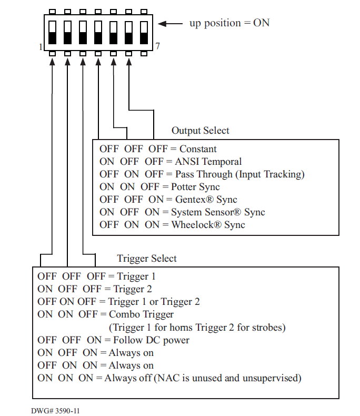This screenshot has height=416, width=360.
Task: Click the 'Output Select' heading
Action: (x=200, y=131)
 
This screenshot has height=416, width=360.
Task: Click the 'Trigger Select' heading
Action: (x=146, y=259)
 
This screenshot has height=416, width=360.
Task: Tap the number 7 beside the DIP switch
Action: (x=157, y=46)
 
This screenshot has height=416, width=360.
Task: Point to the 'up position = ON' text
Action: (x=229, y=23)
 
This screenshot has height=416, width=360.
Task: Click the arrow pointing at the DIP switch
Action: (x=169, y=24)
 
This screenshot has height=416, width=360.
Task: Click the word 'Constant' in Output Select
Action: (x=198, y=149)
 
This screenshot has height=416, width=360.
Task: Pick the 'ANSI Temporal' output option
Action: (x=208, y=162)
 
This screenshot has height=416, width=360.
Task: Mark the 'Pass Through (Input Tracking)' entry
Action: (x=239, y=174)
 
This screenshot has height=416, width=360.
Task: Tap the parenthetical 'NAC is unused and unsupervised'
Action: (x=227, y=378)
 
